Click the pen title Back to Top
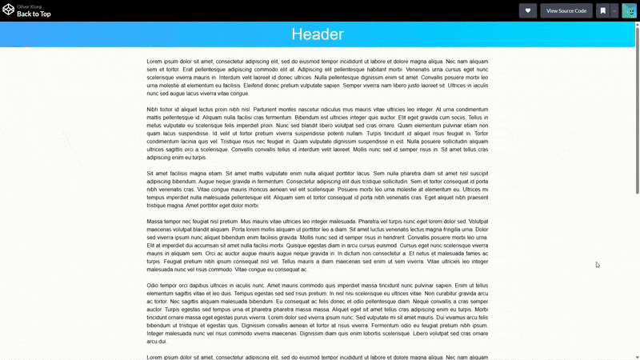(35, 14)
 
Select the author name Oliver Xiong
(30, 6)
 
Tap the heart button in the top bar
(528, 10)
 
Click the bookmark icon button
(602, 10)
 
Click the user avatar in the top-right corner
(629, 10)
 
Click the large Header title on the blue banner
(318, 34)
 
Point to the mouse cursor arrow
(597, 264)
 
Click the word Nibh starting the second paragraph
(153, 109)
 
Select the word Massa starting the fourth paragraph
(155, 220)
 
